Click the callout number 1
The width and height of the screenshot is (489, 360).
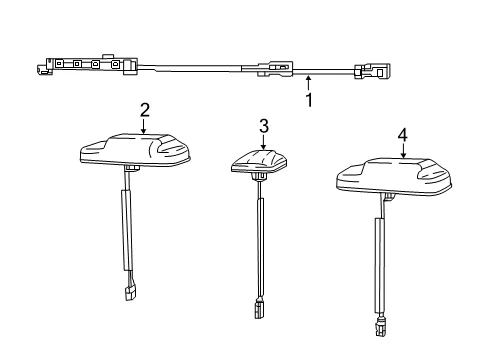click(x=309, y=100)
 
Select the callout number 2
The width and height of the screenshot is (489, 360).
click(x=145, y=110)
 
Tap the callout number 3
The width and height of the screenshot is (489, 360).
click(x=264, y=126)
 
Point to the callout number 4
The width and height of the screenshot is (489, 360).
click(x=403, y=135)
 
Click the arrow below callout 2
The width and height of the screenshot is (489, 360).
click(x=144, y=126)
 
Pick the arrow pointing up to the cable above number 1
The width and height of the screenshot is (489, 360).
click(x=308, y=83)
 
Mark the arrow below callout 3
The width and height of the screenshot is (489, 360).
click(x=263, y=142)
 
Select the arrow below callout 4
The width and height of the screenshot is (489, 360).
click(x=403, y=151)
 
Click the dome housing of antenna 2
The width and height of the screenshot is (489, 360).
click(x=136, y=150)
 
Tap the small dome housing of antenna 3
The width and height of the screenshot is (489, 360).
click(x=259, y=161)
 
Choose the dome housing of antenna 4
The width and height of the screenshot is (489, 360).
click(x=394, y=176)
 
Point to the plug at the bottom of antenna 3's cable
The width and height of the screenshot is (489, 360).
click(x=258, y=310)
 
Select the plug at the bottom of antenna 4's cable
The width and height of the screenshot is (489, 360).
click(x=379, y=327)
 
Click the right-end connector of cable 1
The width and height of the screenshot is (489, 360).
click(x=372, y=71)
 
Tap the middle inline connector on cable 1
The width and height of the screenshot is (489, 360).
click(x=275, y=68)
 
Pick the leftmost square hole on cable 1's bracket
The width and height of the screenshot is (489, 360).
click(x=59, y=63)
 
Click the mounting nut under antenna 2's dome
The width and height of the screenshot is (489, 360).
click(x=132, y=167)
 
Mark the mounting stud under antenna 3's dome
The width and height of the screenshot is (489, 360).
click(x=259, y=177)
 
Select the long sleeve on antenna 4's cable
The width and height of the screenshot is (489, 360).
click(x=380, y=265)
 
